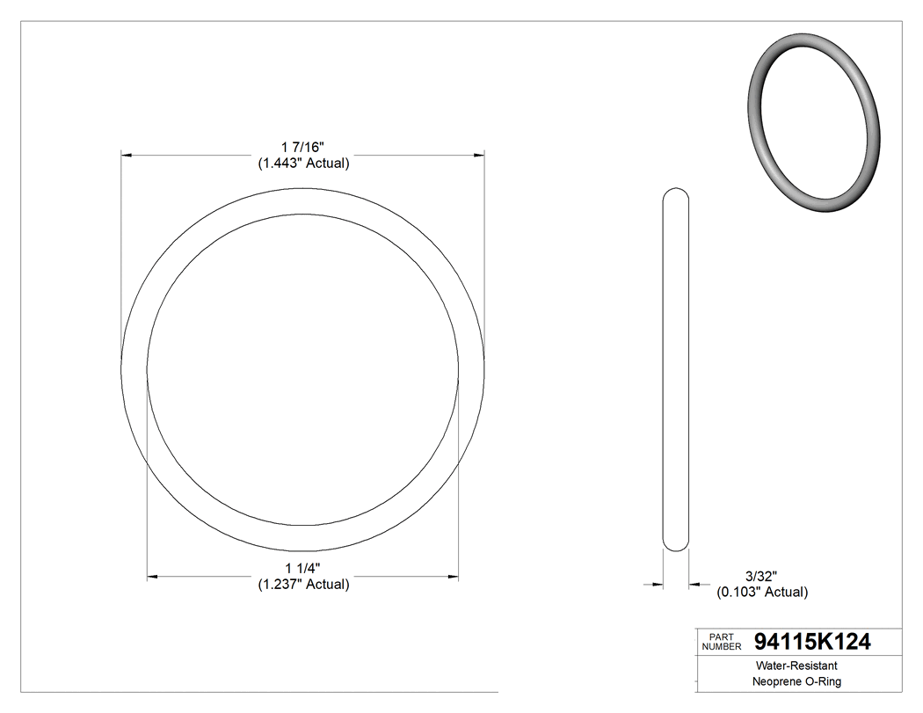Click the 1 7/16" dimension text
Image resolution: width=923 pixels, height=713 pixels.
303,146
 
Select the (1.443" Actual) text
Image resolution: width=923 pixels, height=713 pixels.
303,163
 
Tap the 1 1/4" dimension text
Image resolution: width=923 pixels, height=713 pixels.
303,567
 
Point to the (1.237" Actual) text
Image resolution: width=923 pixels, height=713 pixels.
303,584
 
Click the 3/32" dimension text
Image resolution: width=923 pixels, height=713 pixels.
761,575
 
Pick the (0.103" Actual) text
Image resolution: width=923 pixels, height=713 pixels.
762,592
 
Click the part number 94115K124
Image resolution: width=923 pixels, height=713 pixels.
812,642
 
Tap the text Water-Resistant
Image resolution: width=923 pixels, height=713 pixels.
789,666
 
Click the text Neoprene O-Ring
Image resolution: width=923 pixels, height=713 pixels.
789,682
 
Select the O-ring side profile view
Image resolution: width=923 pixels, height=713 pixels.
675,369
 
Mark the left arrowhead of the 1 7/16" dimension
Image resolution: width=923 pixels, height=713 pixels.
126,156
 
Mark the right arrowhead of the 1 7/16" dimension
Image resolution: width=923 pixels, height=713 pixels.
479,156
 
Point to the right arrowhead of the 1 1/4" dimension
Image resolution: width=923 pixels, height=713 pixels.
454,577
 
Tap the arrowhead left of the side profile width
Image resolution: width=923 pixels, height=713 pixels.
656,583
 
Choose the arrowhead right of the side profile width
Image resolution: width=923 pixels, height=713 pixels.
694,583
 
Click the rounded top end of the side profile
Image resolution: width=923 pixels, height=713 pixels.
675,191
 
